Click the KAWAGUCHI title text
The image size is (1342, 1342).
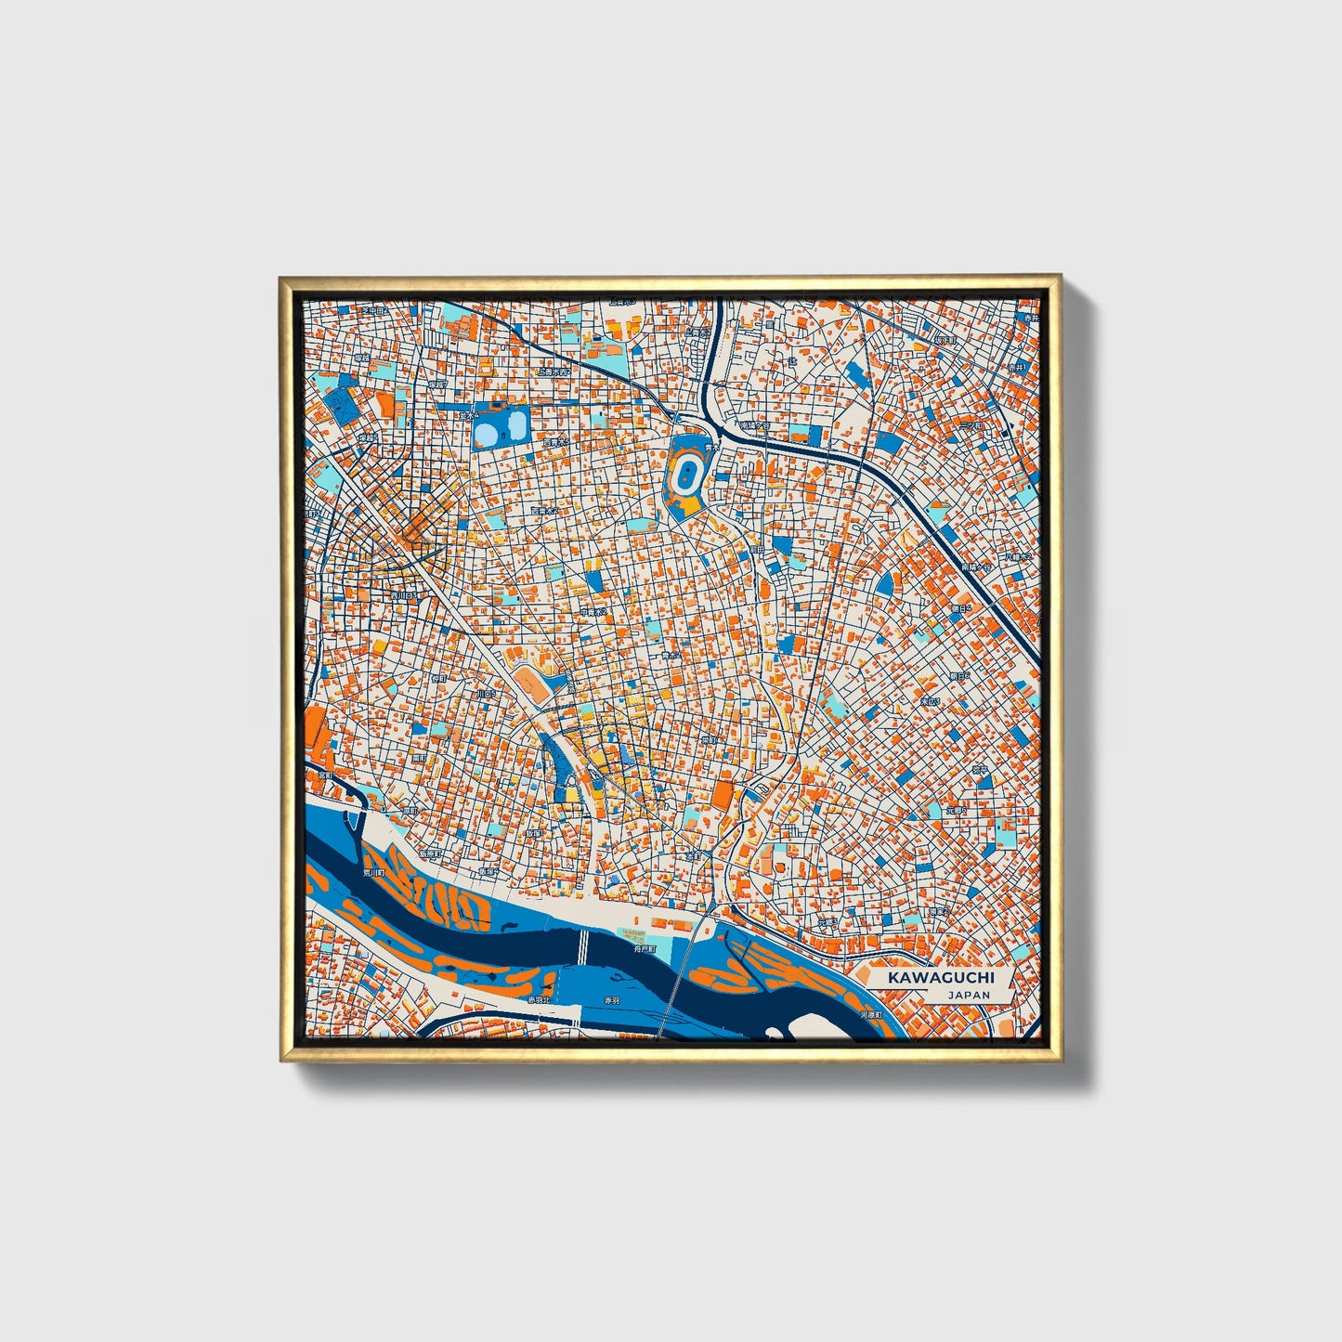coord(940,977)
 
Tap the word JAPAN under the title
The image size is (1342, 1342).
coord(969,995)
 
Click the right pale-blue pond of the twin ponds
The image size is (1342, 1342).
coord(514,428)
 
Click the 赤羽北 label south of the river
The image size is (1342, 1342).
coord(539,1000)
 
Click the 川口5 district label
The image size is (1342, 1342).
coord(485,693)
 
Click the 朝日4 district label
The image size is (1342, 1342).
coord(959,608)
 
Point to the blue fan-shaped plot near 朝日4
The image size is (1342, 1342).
coord(885,583)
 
